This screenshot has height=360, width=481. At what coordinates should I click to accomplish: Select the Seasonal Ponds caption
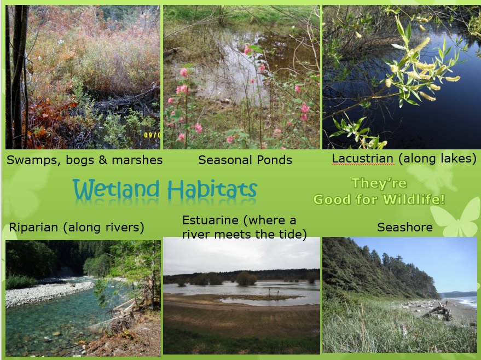coord(245,160)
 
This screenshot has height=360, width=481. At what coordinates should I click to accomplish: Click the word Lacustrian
coord(363,159)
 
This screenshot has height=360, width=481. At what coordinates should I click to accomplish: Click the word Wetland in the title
coord(116,189)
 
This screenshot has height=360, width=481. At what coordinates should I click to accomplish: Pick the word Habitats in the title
coord(212,189)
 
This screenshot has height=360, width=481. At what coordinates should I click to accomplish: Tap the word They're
coord(379,183)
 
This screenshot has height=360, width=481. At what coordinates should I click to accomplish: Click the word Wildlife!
coord(414,200)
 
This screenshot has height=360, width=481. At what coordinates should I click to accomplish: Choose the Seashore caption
coord(405,227)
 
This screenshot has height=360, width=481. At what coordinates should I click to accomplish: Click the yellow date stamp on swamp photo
coord(152,135)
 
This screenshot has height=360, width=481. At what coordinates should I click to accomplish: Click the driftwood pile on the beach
coord(437,311)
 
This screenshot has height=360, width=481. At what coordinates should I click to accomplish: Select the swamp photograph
coord(83,77)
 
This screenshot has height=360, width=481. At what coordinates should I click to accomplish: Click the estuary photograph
coord(241,295)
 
